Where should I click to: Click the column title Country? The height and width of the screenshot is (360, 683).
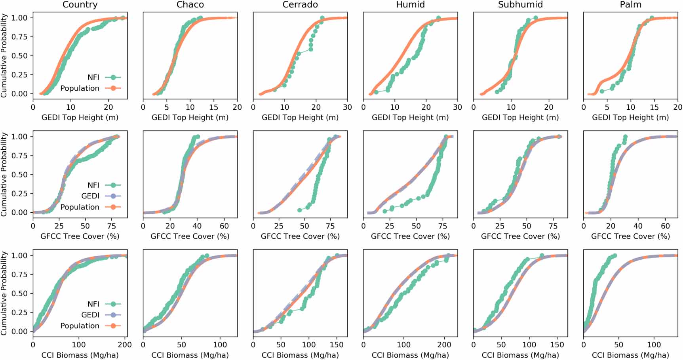[x=80, y=5]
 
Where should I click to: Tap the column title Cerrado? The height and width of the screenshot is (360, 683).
[x=300, y=5]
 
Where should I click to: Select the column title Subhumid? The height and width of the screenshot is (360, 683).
[x=520, y=5]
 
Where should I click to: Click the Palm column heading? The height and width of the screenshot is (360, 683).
[x=630, y=5]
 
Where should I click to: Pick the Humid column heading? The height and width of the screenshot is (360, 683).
[x=410, y=5]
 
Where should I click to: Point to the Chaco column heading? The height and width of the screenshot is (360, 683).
[x=190, y=5]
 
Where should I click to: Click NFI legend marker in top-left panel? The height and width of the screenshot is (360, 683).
[x=113, y=77]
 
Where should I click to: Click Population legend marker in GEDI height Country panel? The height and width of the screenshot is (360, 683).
[x=113, y=88]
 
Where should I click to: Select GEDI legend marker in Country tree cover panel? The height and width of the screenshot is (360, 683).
[x=113, y=196]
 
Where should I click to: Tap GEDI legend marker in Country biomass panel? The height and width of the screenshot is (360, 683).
[x=113, y=315]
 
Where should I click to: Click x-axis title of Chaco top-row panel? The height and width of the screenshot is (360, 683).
[x=190, y=117]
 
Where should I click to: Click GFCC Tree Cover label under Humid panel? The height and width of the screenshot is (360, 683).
[x=410, y=236]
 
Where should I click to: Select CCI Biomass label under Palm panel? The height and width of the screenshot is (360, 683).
[x=630, y=355]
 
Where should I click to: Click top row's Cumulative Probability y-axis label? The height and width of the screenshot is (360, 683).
[x=4, y=55]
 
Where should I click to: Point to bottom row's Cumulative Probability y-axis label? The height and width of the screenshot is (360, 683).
[x=4, y=293]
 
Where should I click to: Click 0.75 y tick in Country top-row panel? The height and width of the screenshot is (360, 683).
[x=19, y=37]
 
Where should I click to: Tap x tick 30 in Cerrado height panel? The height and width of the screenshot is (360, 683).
[x=347, y=107]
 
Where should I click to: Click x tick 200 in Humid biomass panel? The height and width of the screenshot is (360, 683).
[x=444, y=345]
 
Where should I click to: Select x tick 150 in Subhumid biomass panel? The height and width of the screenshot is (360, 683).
[x=557, y=345]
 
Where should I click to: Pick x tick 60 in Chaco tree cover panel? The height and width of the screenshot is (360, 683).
[x=224, y=226]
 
